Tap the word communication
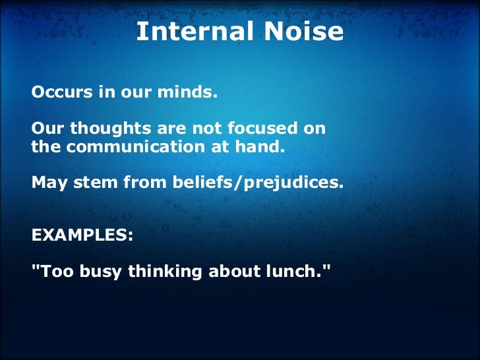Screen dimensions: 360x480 point(125,147)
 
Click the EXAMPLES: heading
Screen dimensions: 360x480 point(82,234)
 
